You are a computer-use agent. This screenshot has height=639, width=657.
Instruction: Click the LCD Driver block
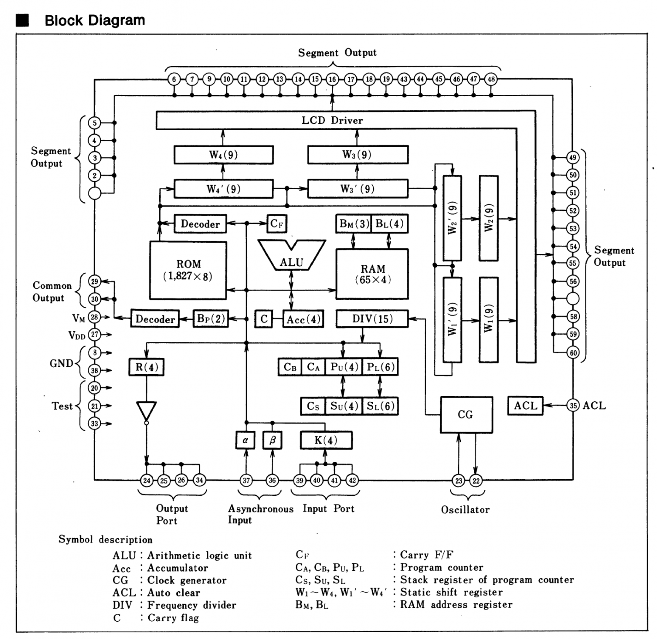coord(332,120)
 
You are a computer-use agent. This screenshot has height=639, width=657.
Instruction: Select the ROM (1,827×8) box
coord(188,270)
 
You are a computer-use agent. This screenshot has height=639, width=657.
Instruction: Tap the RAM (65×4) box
coord(372,274)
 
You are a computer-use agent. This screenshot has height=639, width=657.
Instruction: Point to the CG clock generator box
coord(466,414)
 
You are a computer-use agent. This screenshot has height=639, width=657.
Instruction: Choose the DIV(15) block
coord(372,319)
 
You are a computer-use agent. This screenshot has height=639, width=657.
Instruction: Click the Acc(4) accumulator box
coord(303,319)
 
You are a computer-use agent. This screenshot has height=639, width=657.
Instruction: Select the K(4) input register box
coord(326,440)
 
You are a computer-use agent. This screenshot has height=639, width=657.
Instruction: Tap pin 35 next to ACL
coord(573,405)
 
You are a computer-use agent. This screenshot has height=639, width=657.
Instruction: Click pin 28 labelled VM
coord(94,317)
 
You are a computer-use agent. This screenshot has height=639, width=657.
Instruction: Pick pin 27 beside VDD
coord(94,335)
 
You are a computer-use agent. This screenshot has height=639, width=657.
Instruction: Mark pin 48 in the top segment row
coord(491,79)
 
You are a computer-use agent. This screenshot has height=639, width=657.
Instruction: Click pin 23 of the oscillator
coord(458,481)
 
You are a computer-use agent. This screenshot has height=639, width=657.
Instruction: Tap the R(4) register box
coord(147,367)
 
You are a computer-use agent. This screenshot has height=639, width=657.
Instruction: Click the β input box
coord(272,440)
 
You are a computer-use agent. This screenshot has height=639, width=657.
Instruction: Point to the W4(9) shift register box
coord(223,155)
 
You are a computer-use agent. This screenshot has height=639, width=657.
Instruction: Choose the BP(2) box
coord(211,319)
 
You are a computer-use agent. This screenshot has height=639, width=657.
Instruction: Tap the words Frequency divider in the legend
coord(192,605)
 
